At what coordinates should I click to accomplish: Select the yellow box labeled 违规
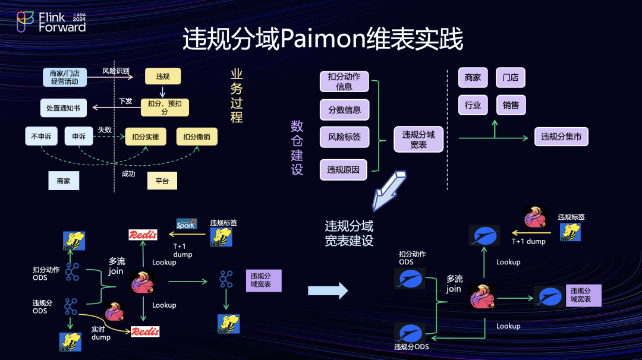pos(163,76)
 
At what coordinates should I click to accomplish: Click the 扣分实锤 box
pos(146,137)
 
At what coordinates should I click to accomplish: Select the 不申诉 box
pos(41,137)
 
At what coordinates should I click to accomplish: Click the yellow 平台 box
pos(162,181)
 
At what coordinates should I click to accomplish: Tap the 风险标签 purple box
pos(344,137)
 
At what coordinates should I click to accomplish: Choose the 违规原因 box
pos(344,170)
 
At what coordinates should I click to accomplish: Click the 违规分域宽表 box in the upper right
pos(418,139)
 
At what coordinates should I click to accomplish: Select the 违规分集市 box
pos(561,137)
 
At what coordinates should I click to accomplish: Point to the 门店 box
pos(510,78)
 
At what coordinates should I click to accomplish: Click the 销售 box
pos(510,105)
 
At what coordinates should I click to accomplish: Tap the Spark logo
pos(186,224)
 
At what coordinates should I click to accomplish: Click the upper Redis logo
pos(143,235)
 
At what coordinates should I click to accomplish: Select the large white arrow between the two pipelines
pos(328,290)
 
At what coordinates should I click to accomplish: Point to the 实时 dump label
pos(100,333)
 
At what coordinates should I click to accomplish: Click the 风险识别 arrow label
pos(116,71)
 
